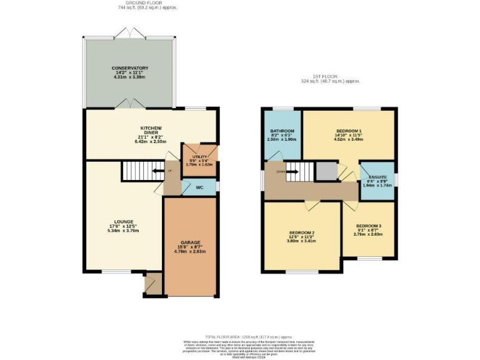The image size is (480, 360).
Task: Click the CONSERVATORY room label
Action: (130, 67)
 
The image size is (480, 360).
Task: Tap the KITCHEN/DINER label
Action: (151, 128)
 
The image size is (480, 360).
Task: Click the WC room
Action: (199, 187)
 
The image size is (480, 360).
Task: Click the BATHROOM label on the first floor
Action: (282, 131)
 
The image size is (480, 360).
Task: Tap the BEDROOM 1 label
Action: (348, 131)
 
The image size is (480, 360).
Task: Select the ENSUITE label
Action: (377, 177)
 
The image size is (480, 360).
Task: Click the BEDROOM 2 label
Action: (301, 232)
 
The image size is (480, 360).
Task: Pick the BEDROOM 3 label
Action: (369, 225)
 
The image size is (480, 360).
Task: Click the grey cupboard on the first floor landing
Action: (326, 170)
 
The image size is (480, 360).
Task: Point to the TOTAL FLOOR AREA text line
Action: (240, 336)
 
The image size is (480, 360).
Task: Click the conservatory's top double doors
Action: (130, 32)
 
